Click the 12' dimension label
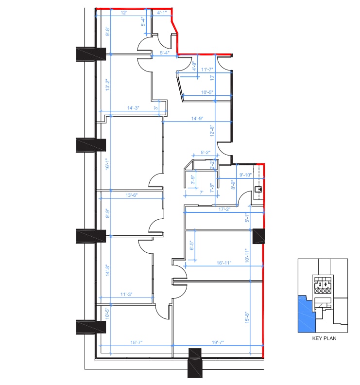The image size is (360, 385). (124, 13)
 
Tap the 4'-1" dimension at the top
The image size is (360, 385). (163, 13)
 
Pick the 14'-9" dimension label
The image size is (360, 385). (197, 118)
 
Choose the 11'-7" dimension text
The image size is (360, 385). (207, 70)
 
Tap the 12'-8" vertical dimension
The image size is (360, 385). (212, 131)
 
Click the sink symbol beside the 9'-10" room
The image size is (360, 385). (259, 189)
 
